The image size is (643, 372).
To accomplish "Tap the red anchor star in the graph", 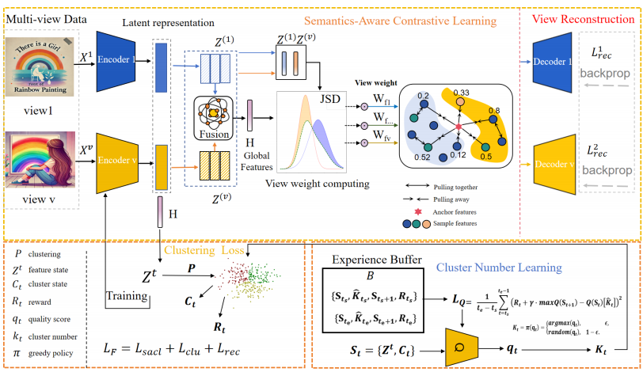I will pyautogui.click(x=457, y=126).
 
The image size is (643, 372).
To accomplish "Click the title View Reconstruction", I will pyautogui.click(x=578, y=17).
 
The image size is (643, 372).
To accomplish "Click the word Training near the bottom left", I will pyautogui.click(x=128, y=297).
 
